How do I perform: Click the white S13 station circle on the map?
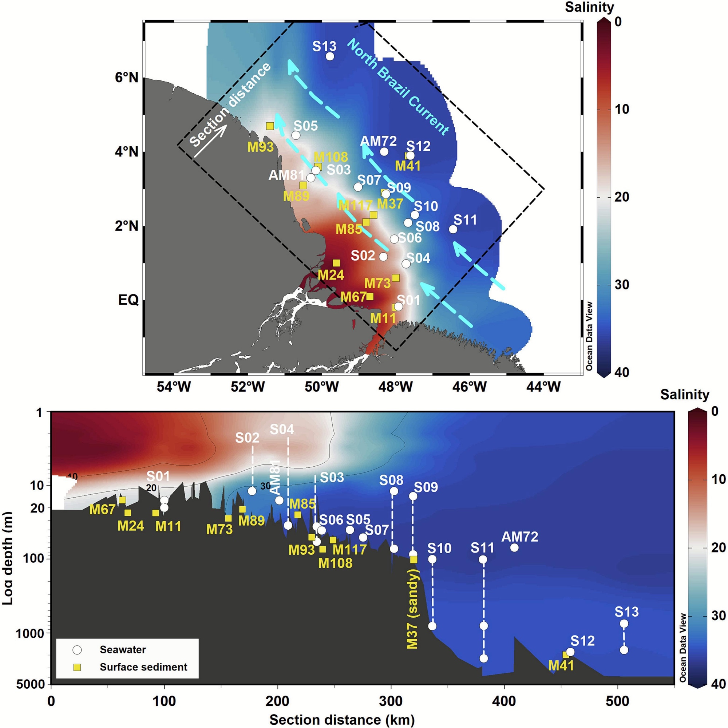(x=330, y=56)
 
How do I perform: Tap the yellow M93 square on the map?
(x=270, y=126)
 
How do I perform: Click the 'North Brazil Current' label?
(x=398, y=87)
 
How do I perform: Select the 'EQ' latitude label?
(x=128, y=300)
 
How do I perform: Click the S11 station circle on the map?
(x=453, y=229)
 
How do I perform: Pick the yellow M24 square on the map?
(x=336, y=263)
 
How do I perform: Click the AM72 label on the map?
(x=378, y=141)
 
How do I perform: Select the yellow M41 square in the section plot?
(x=566, y=655)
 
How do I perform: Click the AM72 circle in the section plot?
(x=514, y=547)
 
